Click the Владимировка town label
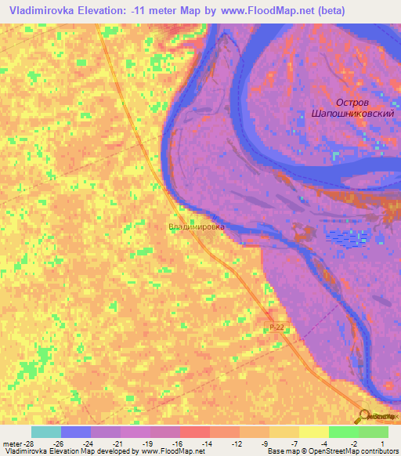(196, 227)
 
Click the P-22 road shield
(276, 328)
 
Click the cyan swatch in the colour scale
(46, 432)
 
